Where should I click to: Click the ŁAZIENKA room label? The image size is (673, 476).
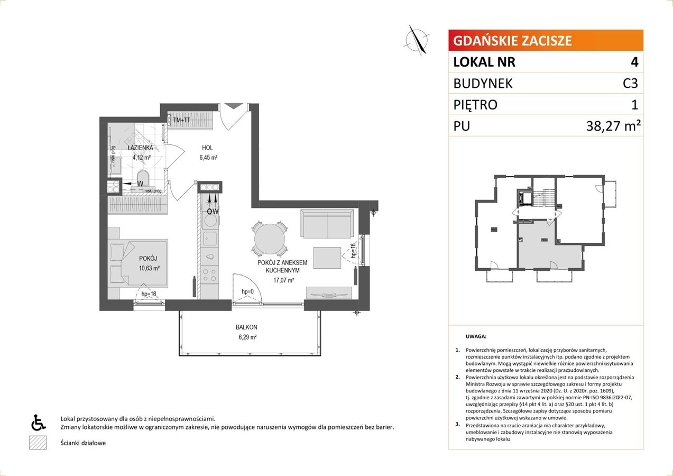click(140, 148)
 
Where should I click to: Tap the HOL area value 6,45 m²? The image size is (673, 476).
click(208, 157)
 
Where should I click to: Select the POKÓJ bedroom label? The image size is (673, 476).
click(148, 258)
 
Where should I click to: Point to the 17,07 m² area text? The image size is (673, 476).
click(283, 280)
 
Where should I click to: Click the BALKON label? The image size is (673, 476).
click(246, 327)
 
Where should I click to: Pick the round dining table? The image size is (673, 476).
click(270, 239)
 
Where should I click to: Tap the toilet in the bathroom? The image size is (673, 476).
click(143, 178)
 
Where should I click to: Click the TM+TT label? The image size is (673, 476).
click(182, 120)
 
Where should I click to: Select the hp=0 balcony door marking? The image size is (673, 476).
click(247, 291)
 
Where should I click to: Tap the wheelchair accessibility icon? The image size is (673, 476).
click(38, 422)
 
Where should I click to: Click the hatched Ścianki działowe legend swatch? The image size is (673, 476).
click(38, 443)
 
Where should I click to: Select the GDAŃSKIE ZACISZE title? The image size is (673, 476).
click(512, 41)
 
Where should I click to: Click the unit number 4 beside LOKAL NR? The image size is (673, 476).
click(634, 62)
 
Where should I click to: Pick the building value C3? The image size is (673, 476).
click(630, 83)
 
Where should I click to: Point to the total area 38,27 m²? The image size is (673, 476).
click(613, 126)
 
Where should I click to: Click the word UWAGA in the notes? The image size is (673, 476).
click(476, 336)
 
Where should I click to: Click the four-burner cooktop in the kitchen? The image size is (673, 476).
click(210, 275)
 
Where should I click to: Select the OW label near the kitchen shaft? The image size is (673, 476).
click(213, 211)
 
